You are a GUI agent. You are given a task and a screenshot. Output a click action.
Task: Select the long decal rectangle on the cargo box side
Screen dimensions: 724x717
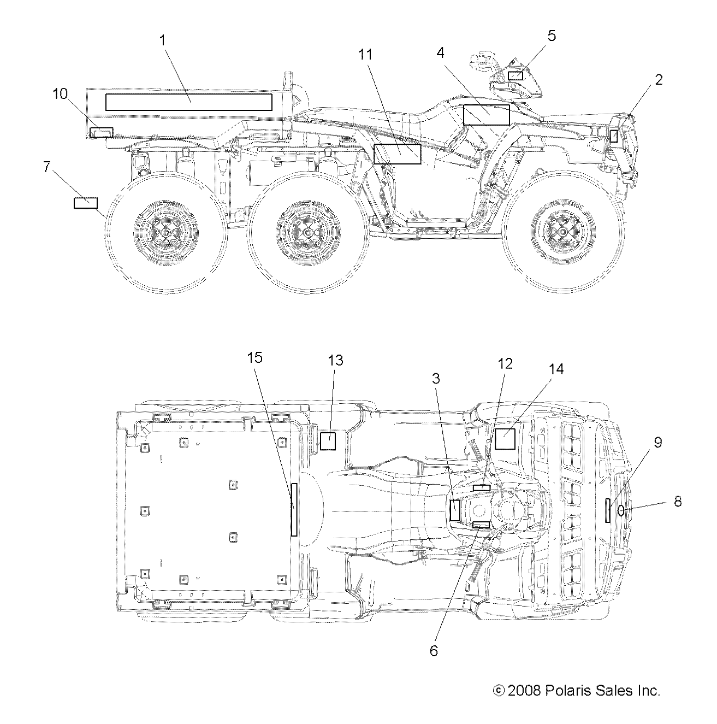tap(188, 102)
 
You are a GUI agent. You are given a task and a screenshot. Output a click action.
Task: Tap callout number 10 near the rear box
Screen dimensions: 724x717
tap(60, 94)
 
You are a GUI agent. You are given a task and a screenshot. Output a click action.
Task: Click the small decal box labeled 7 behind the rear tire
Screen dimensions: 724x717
tap(86, 203)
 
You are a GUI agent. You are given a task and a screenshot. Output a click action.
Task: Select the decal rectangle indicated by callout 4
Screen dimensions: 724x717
tap(486, 115)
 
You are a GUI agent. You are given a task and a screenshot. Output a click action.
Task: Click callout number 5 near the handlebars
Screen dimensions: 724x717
tap(552, 36)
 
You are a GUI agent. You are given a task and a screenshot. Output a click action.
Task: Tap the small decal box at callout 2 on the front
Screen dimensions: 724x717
tap(614, 136)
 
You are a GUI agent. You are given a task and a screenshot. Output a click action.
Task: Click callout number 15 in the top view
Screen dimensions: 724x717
tap(254, 358)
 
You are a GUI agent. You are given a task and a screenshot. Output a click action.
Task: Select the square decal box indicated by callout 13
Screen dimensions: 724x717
tap(328, 440)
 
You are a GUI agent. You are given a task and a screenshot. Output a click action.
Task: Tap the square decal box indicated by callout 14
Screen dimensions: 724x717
tap(505, 439)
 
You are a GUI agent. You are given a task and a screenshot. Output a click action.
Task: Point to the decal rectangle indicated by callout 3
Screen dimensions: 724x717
tap(454, 509)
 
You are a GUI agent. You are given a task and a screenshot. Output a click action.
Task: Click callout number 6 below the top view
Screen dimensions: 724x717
tap(434, 651)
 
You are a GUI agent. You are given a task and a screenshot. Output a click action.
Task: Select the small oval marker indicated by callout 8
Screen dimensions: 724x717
tap(621, 510)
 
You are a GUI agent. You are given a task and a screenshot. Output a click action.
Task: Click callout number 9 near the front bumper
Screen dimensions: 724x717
tap(658, 443)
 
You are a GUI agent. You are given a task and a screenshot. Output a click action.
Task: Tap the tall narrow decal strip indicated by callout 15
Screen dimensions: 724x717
tap(294, 509)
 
